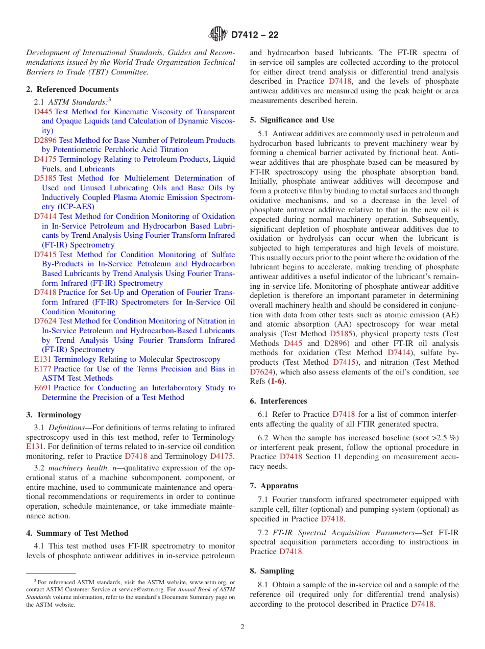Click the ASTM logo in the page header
coord(218,35)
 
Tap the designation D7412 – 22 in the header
coord(255,35)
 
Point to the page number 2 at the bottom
coord(243,627)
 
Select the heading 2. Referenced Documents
coord(72,89)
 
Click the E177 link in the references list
coord(42,369)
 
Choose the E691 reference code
coord(42,388)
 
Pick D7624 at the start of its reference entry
coord(45,321)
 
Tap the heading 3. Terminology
coord(54,415)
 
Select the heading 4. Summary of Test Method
coord(77,533)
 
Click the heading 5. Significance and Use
coord(292,120)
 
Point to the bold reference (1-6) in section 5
coord(276,381)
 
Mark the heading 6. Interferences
coord(279,401)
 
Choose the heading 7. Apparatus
coord(274,486)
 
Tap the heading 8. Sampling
coord(272,571)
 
